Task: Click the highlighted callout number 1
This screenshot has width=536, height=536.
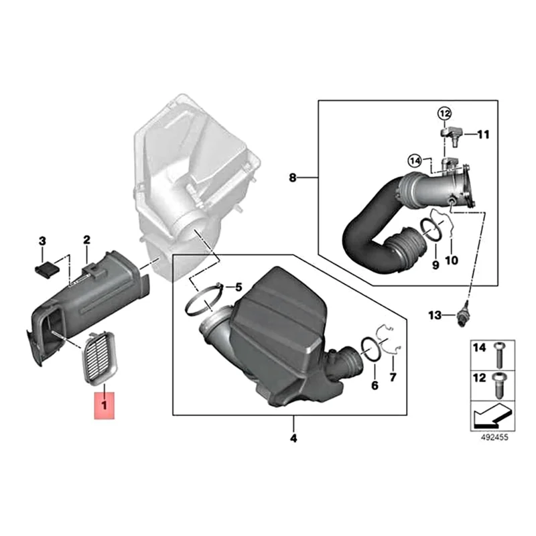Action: pos(104,405)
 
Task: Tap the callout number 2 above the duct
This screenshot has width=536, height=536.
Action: pos(86,240)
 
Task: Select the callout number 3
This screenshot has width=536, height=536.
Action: pos(42,241)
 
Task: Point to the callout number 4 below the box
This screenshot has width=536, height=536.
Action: pos(293,440)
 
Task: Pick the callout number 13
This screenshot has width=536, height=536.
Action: pos(434,314)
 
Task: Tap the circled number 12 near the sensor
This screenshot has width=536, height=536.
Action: pos(446,113)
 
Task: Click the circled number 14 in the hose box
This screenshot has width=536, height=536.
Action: pos(415,160)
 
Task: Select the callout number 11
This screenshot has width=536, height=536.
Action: pos(484,135)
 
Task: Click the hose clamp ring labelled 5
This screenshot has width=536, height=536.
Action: pos(201,301)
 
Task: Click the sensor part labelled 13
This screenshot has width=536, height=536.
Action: pos(461,314)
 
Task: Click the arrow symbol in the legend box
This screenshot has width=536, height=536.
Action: pos(491,417)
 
